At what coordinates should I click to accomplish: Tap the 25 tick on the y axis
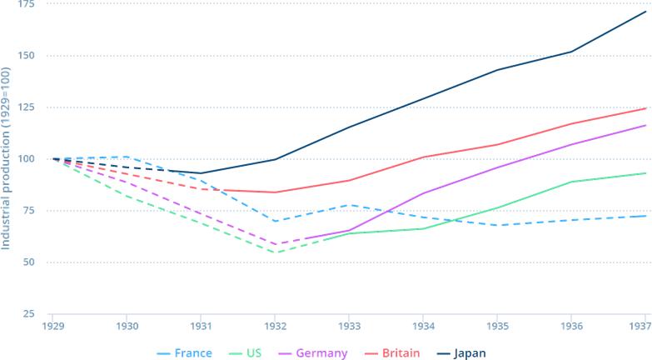[x=27, y=313]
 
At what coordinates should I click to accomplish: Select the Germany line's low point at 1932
[x=275, y=243]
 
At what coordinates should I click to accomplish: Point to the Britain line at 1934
[x=423, y=157]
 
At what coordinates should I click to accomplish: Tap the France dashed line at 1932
[x=275, y=221]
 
